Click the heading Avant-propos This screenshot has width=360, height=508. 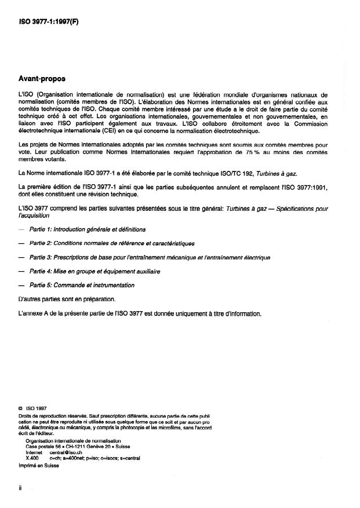click(x=42, y=78)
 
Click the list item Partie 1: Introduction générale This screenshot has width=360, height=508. click(x=88, y=230)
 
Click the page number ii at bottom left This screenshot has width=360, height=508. click(x=20, y=488)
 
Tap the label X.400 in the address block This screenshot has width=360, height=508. click(x=32, y=458)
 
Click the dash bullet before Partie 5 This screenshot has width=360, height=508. click(x=21, y=285)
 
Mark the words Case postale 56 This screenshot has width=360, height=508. click(x=46, y=447)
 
